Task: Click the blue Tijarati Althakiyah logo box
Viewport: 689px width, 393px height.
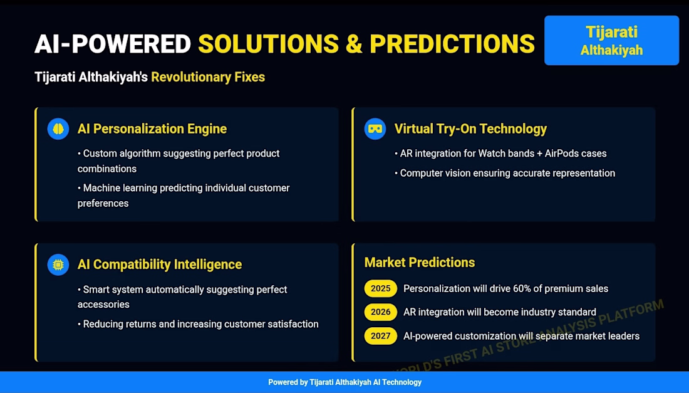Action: click(x=611, y=41)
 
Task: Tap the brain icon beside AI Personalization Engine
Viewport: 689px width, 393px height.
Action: click(x=58, y=128)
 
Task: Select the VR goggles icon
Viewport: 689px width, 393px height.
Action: click(x=375, y=128)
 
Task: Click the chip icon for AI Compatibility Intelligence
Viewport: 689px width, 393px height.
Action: click(x=58, y=265)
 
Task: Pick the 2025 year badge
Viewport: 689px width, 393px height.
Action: click(x=381, y=288)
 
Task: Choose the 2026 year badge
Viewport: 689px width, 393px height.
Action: click(x=381, y=312)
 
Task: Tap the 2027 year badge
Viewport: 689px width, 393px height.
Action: click(x=381, y=336)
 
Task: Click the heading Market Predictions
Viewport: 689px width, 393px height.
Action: click(x=420, y=263)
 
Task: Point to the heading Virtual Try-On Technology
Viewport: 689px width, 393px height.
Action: click(x=470, y=128)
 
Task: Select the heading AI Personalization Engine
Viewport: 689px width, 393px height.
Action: click(x=152, y=128)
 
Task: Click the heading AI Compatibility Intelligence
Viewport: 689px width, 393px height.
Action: click(x=160, y=265)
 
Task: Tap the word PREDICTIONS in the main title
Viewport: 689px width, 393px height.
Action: click(x=452, y=44)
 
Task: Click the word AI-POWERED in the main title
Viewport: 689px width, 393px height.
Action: click(x=113, y=44)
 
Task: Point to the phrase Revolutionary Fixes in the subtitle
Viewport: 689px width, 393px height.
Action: click(x=208, y=77)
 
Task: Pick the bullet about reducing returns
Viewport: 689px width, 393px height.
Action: click(x=198, y=324)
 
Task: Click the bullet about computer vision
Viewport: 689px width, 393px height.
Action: click(x=505, y=173)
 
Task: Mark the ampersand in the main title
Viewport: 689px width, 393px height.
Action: click(x=354, y=44)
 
